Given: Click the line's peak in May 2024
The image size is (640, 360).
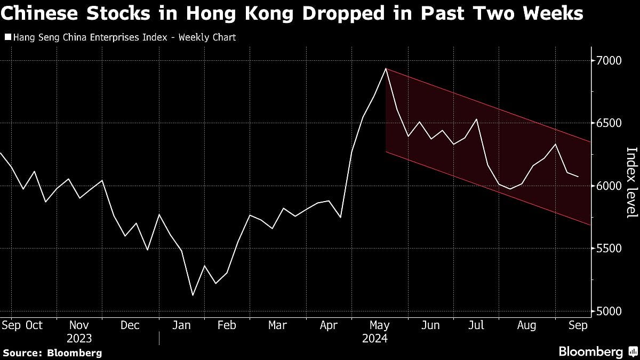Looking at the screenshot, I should click(x=386, y=69).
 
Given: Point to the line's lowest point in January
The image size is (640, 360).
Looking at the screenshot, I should click(x=193, y=295).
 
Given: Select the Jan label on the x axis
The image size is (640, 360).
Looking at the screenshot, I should click(x=181, y=325).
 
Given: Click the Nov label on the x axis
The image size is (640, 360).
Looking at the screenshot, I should click(x=79, y=325).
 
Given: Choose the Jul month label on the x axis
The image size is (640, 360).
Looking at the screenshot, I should click(x=477, y=325).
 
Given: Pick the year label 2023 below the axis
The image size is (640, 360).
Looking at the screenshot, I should click(x=79, y=339).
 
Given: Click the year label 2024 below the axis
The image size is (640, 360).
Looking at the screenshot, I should click(x=374, y=339).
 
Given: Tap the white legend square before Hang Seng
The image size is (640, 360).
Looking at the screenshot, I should click(x=7, y=37).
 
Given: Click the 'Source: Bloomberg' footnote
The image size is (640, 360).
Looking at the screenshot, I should click(x=52, y=353).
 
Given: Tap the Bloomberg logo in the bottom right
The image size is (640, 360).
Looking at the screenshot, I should click(x=597, y=351).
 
